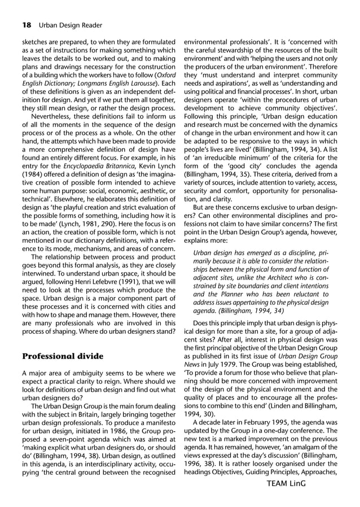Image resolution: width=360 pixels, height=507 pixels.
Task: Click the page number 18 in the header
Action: pos(27,25)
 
